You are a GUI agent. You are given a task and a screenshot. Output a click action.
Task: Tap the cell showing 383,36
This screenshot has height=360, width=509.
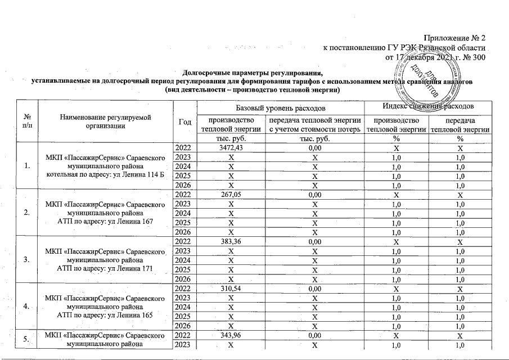tap(228, 242)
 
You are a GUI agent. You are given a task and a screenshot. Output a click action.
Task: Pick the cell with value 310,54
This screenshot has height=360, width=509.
tap(228, 289)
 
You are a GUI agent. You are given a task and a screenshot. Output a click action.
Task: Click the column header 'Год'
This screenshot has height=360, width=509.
tap(183, 121)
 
